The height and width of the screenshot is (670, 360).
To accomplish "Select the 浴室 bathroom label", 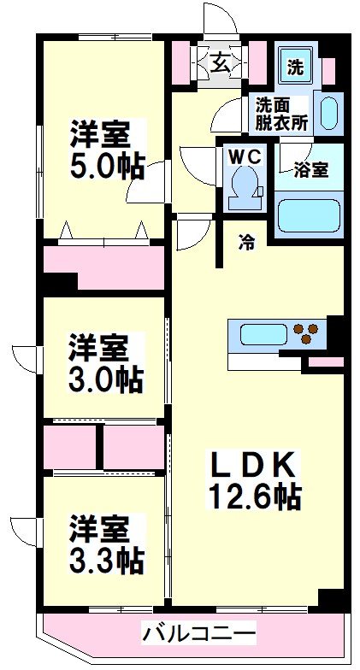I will [310, 168].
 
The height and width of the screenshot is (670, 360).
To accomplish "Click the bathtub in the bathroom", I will [310, 216].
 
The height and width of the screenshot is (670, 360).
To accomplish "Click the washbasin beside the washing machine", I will [329, 111].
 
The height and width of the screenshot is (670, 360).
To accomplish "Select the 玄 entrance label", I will [220, 62].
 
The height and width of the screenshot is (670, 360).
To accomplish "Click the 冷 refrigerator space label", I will [246, 242].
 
